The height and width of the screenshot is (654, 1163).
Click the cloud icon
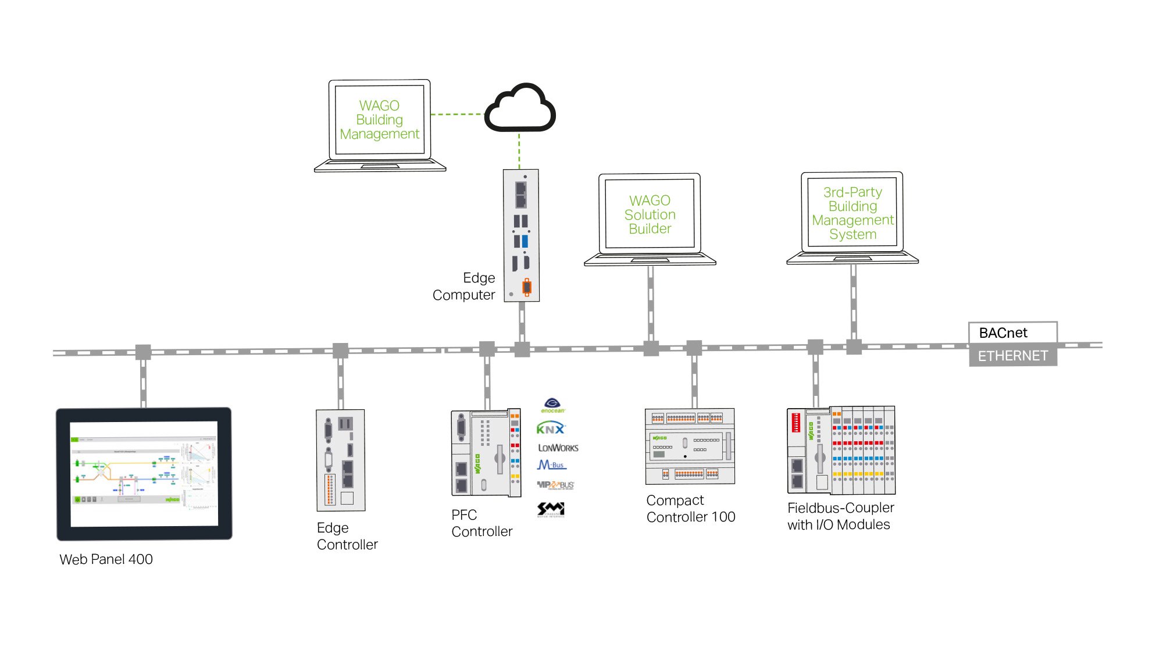520,109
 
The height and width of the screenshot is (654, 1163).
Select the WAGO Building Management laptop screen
379,120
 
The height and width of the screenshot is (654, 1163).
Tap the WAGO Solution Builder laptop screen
650,214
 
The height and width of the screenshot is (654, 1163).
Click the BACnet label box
1012,333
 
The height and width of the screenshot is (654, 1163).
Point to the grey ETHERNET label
1012,355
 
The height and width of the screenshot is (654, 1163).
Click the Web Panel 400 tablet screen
144,474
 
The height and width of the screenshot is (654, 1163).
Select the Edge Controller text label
347,536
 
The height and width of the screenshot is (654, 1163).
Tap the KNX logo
550,429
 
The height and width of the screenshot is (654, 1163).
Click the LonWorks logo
558,448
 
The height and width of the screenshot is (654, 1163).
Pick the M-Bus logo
551,465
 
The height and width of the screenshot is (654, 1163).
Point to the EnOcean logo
552,405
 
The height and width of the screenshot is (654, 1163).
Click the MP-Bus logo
555,485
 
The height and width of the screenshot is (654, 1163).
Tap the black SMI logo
550,509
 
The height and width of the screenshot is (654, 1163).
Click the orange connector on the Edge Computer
527,287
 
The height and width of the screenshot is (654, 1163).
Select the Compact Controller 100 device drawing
690,446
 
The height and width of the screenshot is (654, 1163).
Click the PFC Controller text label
481,523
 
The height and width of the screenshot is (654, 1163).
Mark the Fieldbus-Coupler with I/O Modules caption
840,516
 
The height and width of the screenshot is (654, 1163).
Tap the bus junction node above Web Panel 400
143,352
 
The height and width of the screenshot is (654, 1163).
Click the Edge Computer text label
465,286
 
